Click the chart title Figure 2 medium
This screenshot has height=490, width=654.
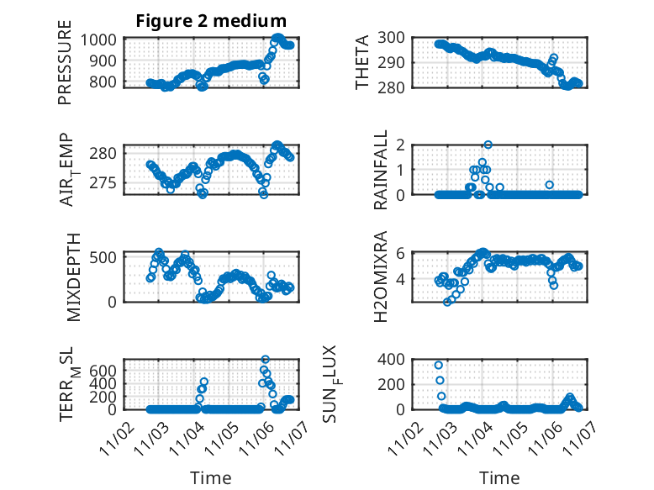211,21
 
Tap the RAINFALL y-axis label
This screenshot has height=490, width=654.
381,171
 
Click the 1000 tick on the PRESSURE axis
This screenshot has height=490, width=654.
102,40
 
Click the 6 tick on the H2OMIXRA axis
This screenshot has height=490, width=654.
402,253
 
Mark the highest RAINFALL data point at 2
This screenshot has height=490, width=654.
488,145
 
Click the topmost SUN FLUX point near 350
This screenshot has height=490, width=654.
439,365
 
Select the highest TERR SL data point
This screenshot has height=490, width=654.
265,360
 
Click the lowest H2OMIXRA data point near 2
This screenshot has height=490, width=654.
447,302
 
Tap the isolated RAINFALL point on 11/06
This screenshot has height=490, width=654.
549,185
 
